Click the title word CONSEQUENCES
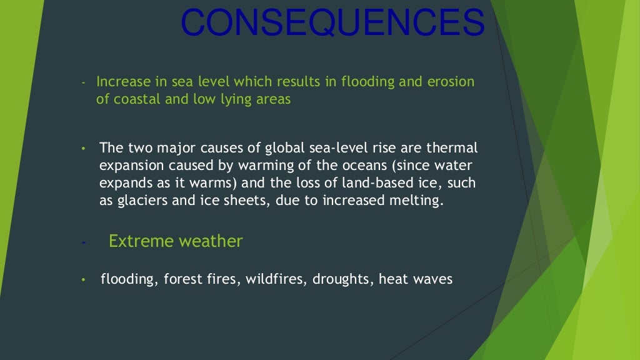(x=332, y=23)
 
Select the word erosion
(x=452, y=82)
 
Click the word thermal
(x=455, y=148)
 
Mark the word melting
(x=418, y=201)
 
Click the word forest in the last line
(x=182, y=279)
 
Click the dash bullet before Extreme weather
(x=82, y=242)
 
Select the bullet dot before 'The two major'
(x=82, y=149)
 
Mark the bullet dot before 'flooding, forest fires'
(x=82, y=279)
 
